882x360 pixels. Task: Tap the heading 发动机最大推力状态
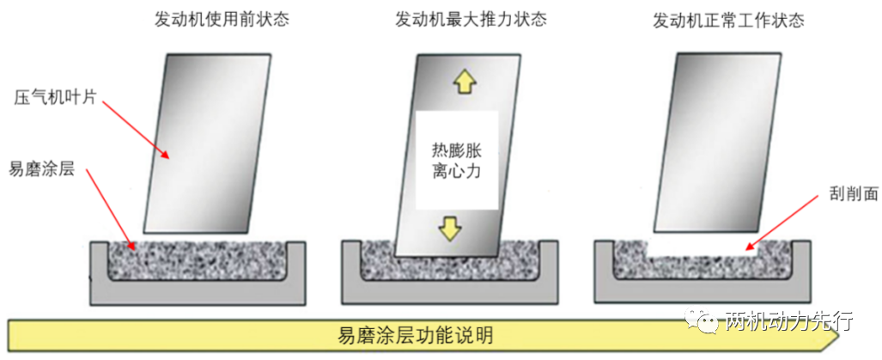pyautogui.click(x=471, y=19)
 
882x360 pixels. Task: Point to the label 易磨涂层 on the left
pyautogui.click(x=42, y=169)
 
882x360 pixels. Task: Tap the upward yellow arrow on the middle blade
pyautogui.click(x=465, y=82)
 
